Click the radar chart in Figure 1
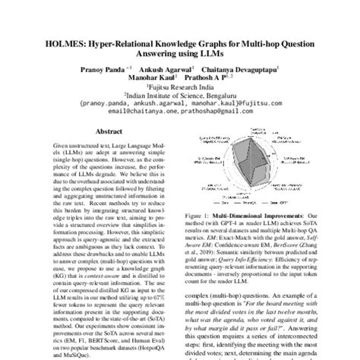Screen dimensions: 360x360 [257, 168]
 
